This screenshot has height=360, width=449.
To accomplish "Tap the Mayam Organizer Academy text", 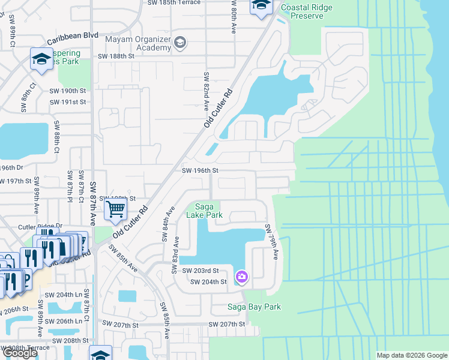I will pos(137,44).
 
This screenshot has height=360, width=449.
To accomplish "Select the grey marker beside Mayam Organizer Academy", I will pos(179,43).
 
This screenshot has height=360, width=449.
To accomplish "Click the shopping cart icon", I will pos(115,209).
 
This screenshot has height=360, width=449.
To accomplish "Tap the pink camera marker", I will pos(241,277).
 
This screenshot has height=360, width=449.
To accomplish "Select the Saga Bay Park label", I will pos(253,307).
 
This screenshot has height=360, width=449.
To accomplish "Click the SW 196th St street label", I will pos(199,170).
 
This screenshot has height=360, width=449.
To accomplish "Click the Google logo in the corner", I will pos(19,352).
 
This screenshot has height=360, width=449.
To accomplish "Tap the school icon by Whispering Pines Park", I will pos(41,59).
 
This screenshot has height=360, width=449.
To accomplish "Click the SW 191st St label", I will pos(68,102).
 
